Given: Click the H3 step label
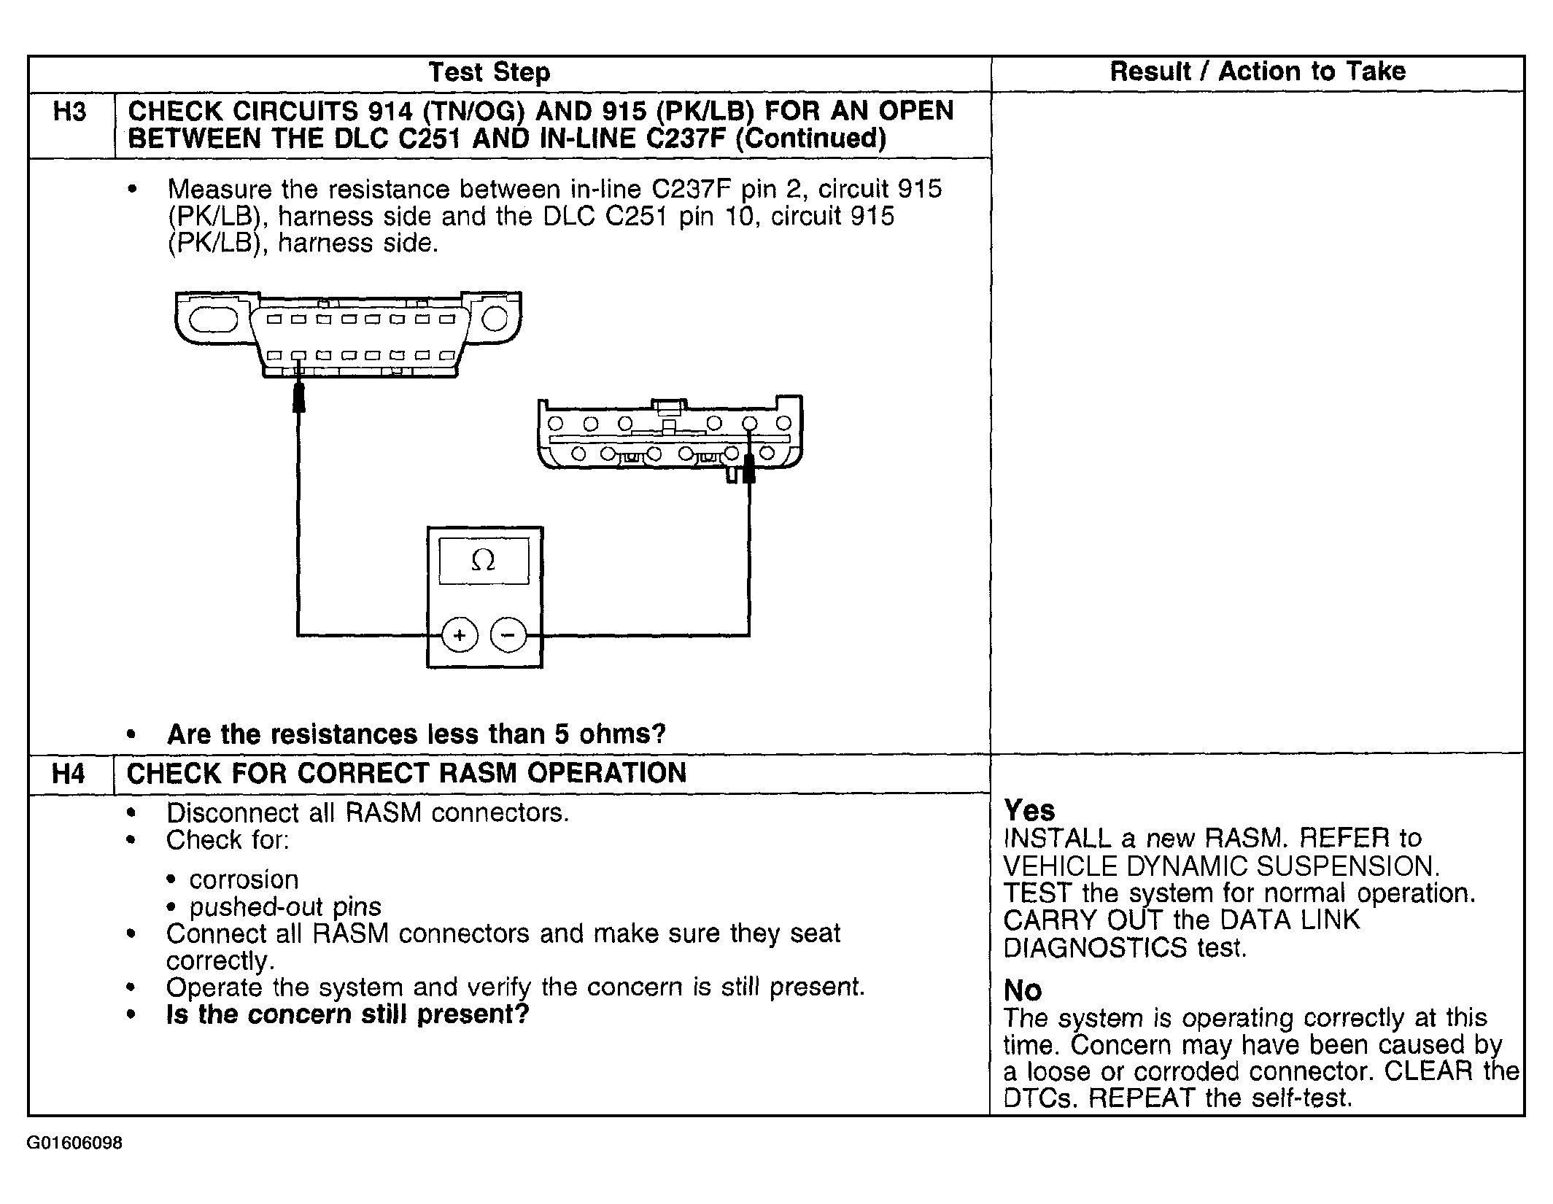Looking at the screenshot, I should tap(70, 112).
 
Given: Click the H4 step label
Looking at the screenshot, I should tap(69, 774).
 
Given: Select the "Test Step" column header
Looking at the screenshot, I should tap(489, 72).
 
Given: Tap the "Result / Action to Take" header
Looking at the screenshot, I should tap(1257, 71).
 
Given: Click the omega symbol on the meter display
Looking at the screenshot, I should tap(483, 560).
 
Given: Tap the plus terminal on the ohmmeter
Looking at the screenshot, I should tap(460, 635).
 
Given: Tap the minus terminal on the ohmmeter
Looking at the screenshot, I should tap(508, 635).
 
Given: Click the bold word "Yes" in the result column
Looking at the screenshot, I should tap(1029, 810).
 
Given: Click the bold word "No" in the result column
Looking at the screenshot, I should tap(1023, 990).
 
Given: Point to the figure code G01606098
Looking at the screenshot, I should tap(75, 1143).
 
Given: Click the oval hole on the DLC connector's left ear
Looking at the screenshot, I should tap(213, 319).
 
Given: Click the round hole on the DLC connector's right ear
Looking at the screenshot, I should tap(495, 319).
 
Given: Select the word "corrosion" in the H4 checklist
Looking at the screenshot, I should tap(244, 879).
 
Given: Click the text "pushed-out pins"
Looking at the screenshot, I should tap(285, 906).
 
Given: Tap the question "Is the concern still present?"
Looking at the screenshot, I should tap(347, 1014).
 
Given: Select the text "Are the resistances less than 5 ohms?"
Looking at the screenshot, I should tap(417, 734).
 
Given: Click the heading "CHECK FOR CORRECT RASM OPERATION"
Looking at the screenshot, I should tap(406, 773).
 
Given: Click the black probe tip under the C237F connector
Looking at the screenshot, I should tap(748, 470).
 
